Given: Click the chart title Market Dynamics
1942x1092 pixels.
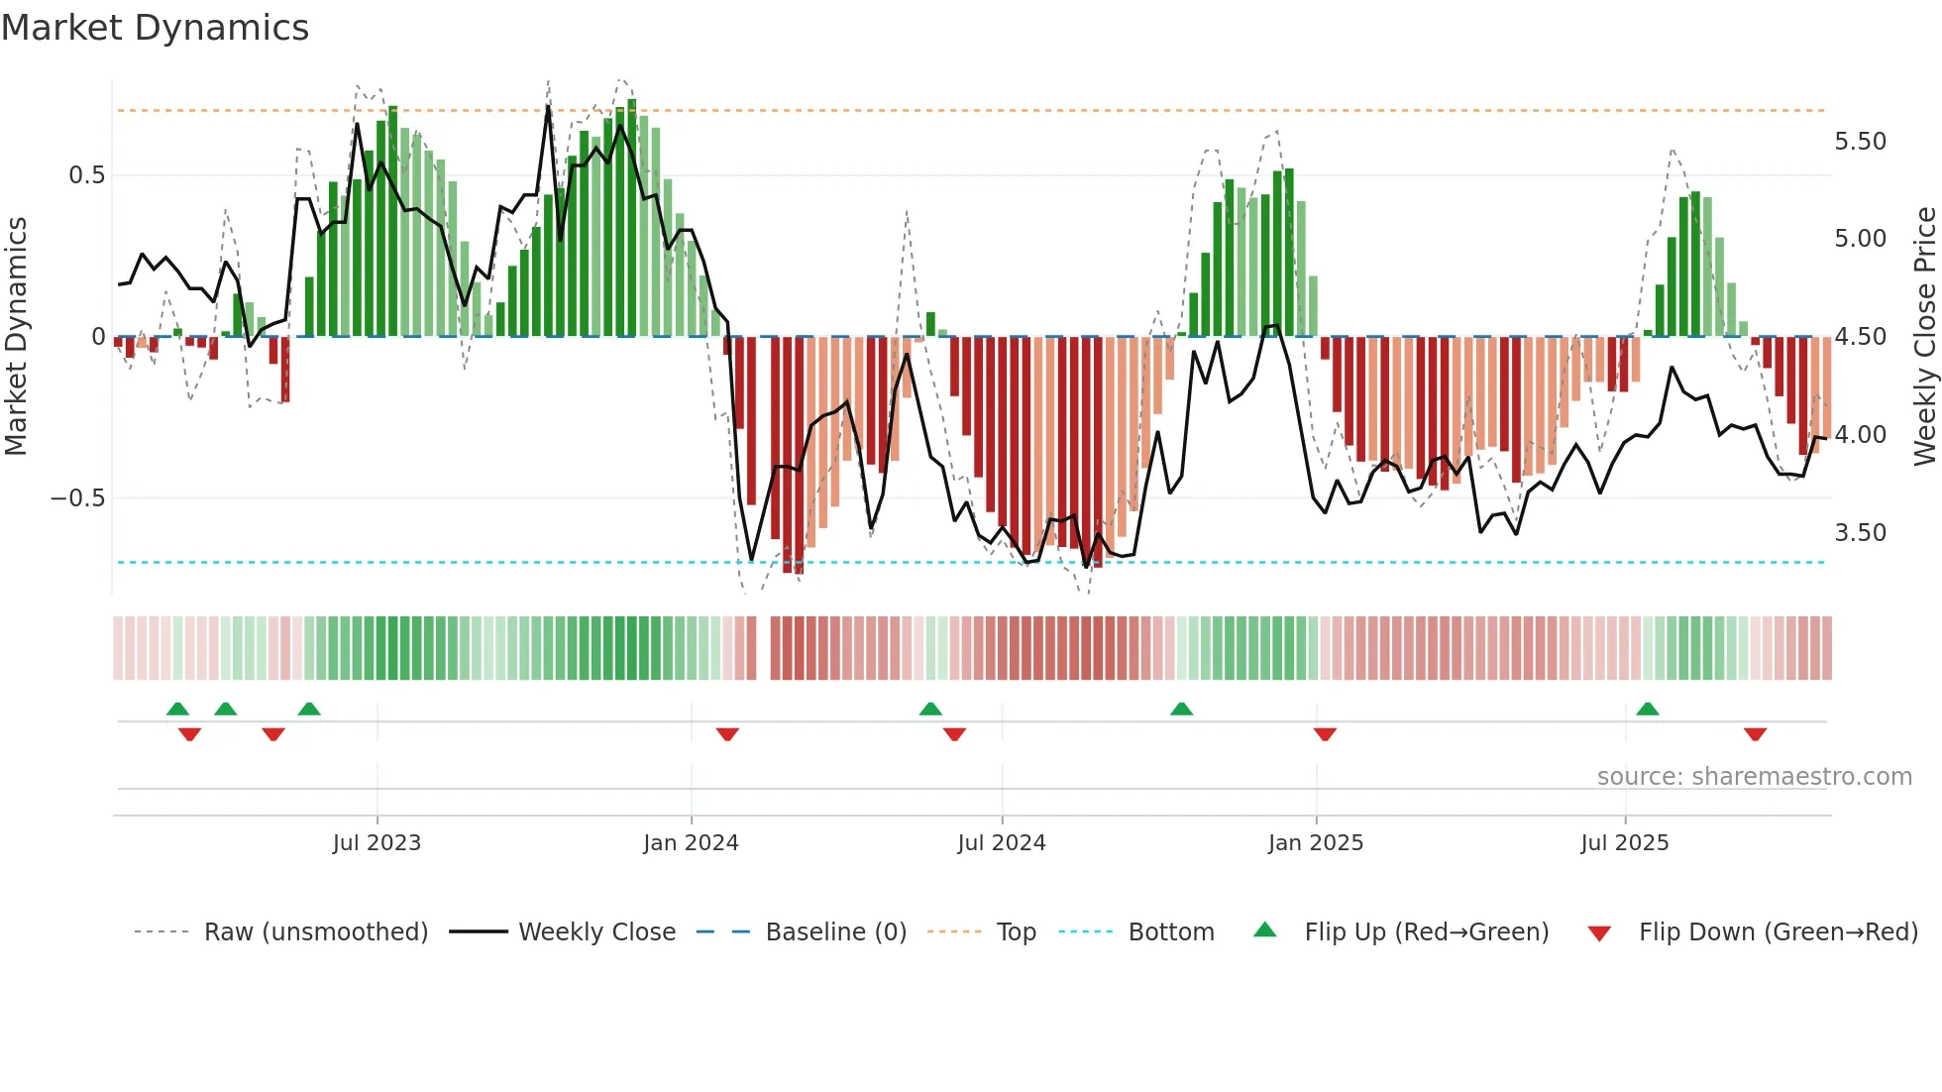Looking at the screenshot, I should (155, 28).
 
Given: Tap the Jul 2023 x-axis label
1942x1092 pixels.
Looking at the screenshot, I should (377, 843).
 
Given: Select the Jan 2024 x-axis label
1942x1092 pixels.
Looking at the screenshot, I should (691, 843).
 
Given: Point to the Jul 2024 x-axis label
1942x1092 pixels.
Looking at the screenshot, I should (1001, 843).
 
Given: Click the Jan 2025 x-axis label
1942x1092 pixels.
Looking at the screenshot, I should (1315, 843).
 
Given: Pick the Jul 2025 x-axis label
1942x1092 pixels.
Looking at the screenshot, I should (1624, 843).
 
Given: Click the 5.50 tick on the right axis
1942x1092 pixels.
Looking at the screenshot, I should (1860, 142).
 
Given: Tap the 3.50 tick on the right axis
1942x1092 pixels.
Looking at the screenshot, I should (1860, 533).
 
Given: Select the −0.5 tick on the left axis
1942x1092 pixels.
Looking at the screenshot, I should (78, 498).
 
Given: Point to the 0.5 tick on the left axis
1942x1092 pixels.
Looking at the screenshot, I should (86, 175).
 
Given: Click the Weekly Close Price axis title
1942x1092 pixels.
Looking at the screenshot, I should (1924, 336).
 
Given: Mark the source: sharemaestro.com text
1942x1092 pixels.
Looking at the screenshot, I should (1754, 777).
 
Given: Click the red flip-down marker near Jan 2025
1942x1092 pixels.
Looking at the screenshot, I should (1325, 734).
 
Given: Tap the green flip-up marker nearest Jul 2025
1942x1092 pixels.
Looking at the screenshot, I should (1647, 709).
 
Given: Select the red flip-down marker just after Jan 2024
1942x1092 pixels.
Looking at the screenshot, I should (727, 734).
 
